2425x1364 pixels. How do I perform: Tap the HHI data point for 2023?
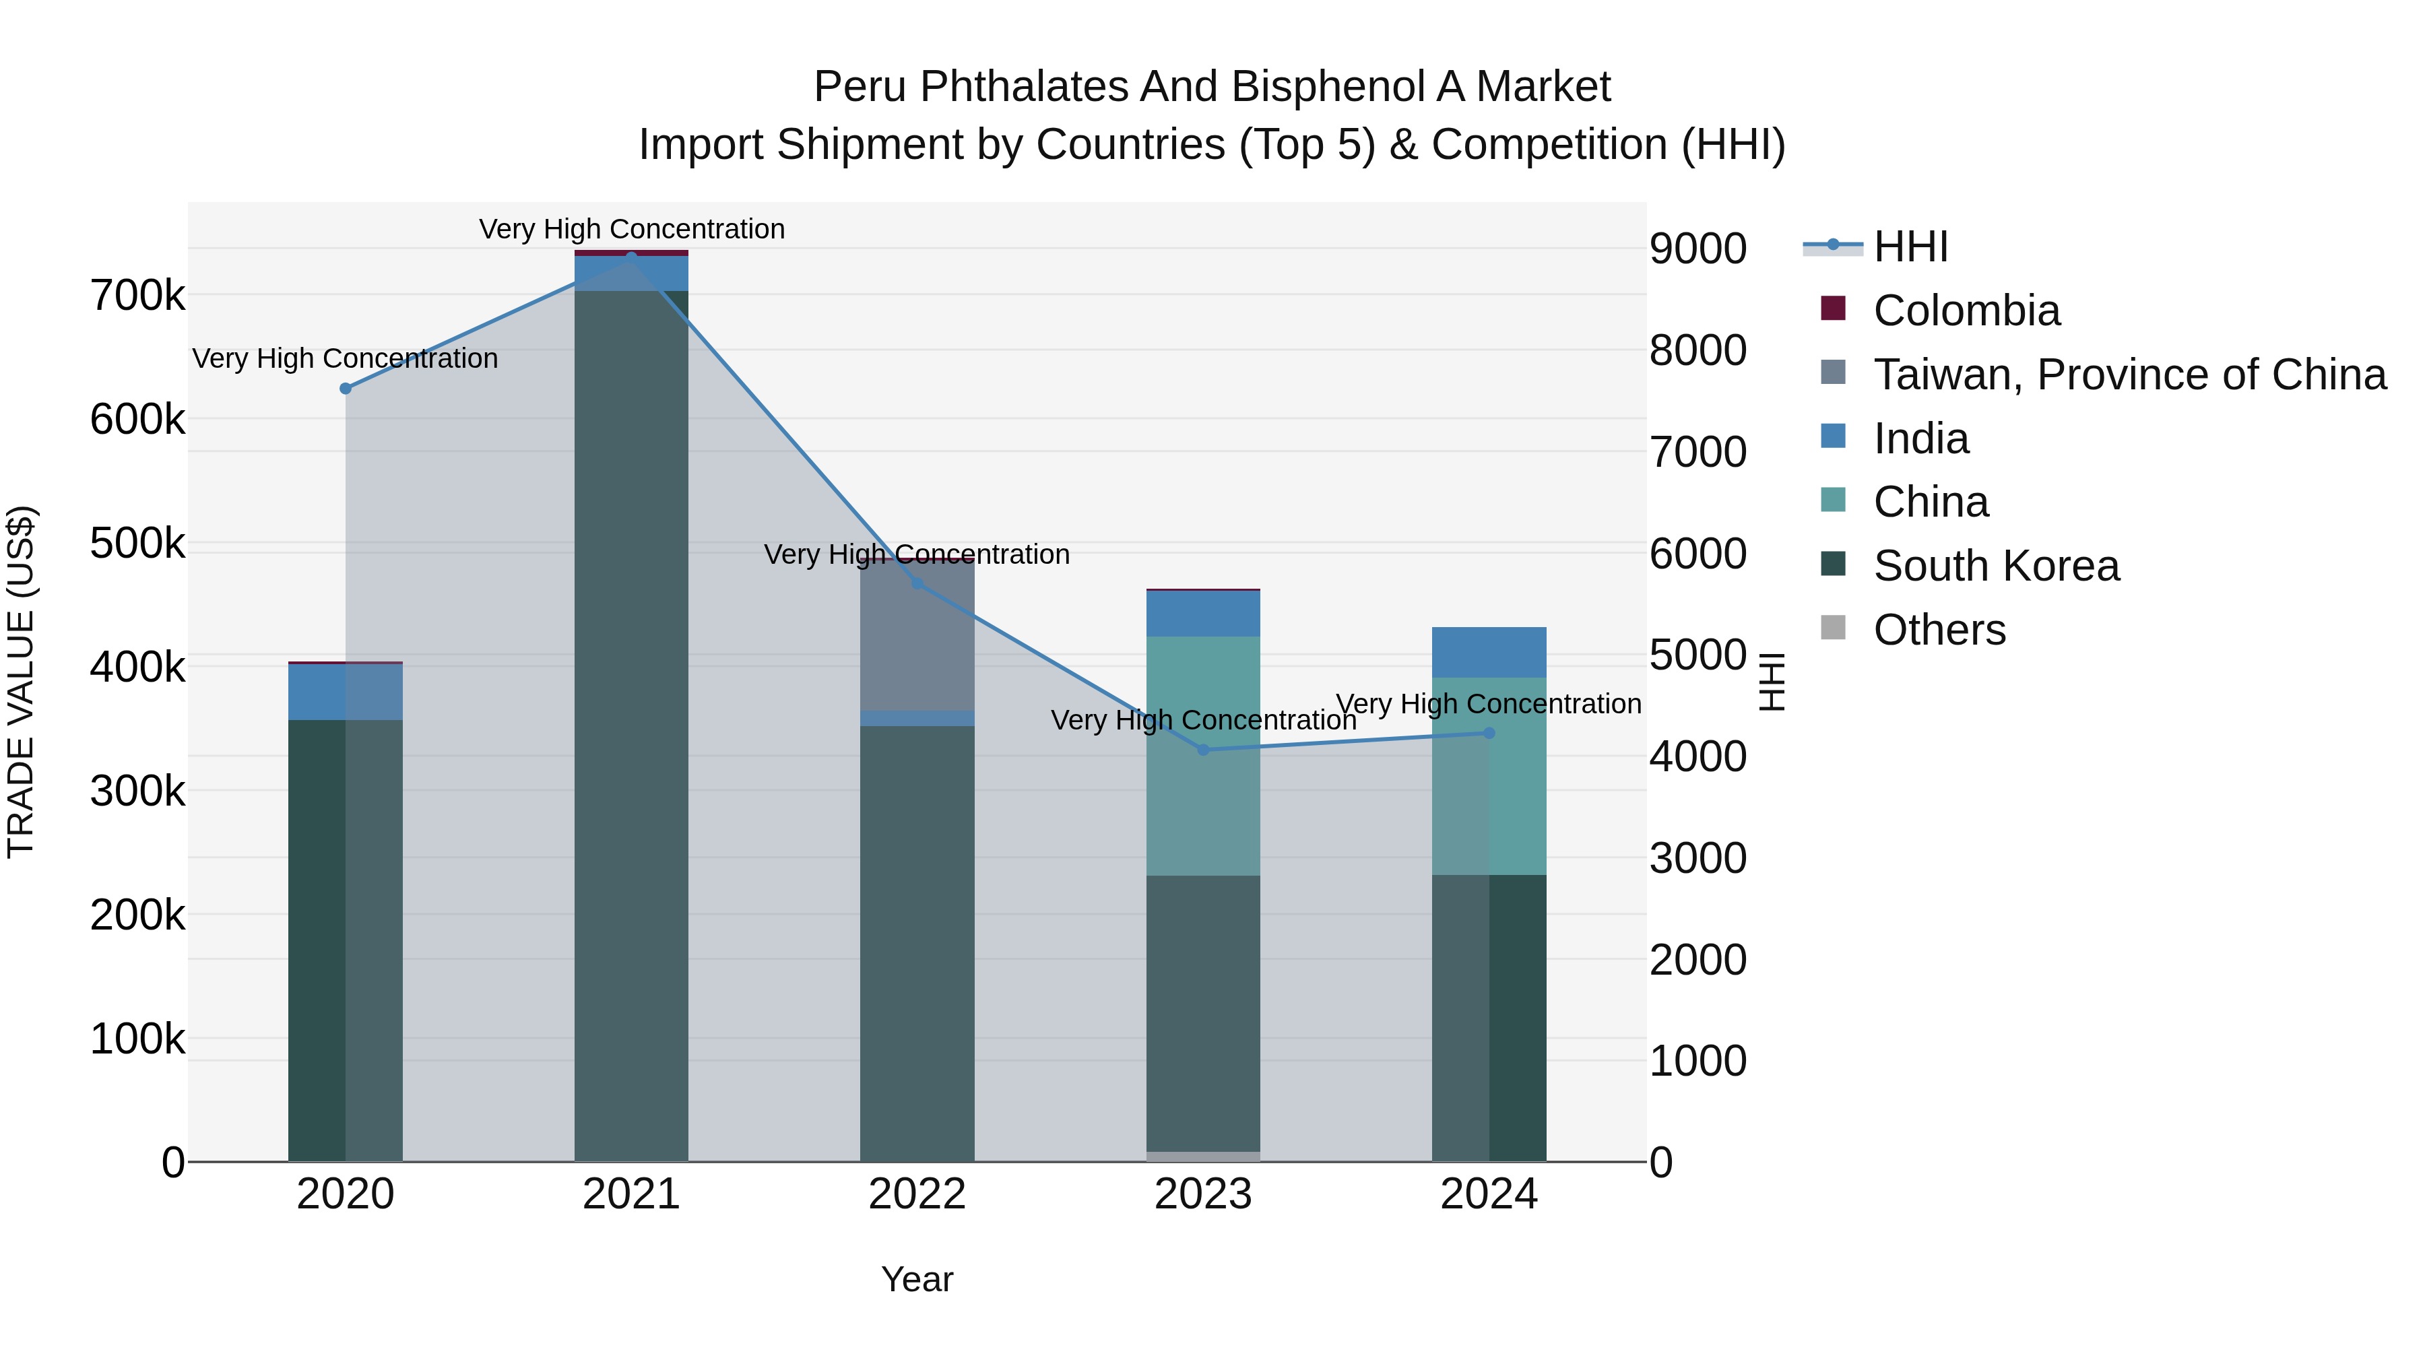pyautogui.click(x=1203, y=750)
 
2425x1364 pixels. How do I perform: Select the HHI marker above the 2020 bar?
pyautogui.click(x=346, y=389)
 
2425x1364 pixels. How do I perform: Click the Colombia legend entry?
pyautogui.click(x=1966, y=311)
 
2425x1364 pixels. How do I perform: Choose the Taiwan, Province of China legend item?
pyautogui.click(x=2129, y=375)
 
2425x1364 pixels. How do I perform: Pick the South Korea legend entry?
pyautogui.click(x=1996, y=566)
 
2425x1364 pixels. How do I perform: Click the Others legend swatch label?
pyautogui.click(x=1939, y=630)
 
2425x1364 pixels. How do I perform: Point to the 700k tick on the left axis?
pyautogui.click(x=137, y=296)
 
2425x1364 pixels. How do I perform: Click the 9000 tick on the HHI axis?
pyautogui.click(x=1698, y=249)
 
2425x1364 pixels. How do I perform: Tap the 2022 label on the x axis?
pyautogui.click(x=917, y=1194)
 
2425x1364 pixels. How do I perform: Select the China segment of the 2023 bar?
pyautogui.click(x=1203, y=756)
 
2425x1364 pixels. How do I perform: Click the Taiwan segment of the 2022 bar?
pyautogui.click(x=917, y=635)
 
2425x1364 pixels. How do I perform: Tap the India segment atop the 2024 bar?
pyautogui.click(x=1488, y=652)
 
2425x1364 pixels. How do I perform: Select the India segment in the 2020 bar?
pyautogui.click(x=346, y=692)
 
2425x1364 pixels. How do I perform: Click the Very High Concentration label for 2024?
pyautogui.click(x=1488, y=704)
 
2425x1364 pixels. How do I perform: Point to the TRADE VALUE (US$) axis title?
pyautogui.click(x=21, y=682)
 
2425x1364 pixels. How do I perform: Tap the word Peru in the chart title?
pyautogui.click(x=860, y=87)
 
